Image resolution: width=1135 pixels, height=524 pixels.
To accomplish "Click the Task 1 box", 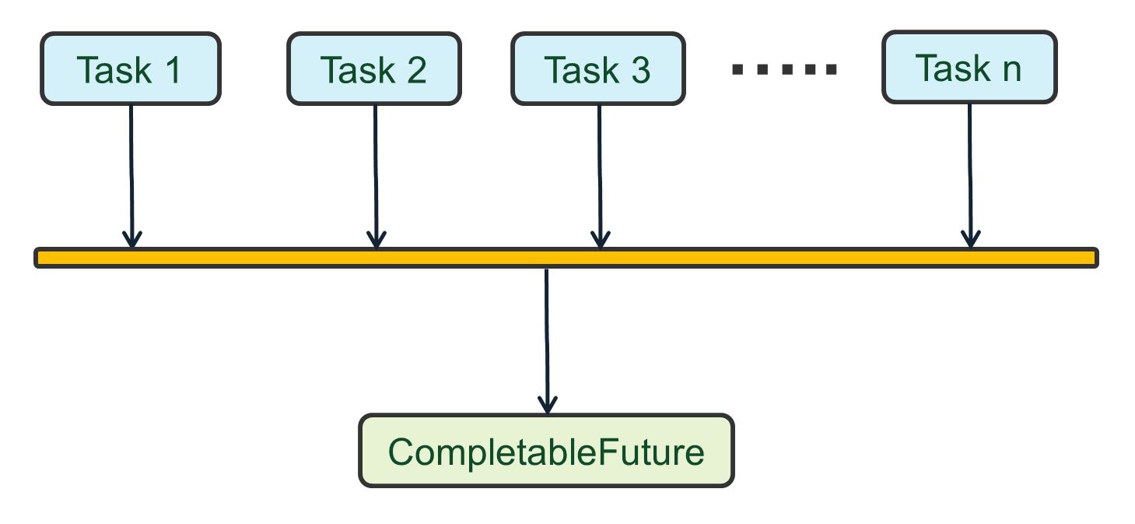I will point(131,69).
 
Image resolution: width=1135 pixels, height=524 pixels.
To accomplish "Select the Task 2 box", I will point(374,69).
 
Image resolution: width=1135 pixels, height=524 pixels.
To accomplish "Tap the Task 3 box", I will point(598,69).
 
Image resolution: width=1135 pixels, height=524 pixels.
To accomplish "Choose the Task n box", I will point(969,67).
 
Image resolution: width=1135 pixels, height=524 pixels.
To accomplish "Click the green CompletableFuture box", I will point(546,451).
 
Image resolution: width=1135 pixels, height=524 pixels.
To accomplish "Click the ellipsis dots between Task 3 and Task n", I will point(784,69).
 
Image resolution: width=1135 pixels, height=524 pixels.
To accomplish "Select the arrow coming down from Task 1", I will point(131,171).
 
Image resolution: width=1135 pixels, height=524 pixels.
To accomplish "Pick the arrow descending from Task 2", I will point(376,171).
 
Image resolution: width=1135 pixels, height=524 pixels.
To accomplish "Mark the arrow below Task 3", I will point(599,171).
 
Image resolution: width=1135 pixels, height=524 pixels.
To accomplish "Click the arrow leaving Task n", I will point(970,171).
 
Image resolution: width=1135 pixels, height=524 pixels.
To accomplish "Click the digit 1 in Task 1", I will point(172,69).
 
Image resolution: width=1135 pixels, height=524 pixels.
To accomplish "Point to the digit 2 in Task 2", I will point(416,69).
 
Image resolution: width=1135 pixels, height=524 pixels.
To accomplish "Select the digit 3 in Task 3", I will point(640,69).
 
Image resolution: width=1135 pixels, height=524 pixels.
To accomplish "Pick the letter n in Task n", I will point(1011,69).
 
